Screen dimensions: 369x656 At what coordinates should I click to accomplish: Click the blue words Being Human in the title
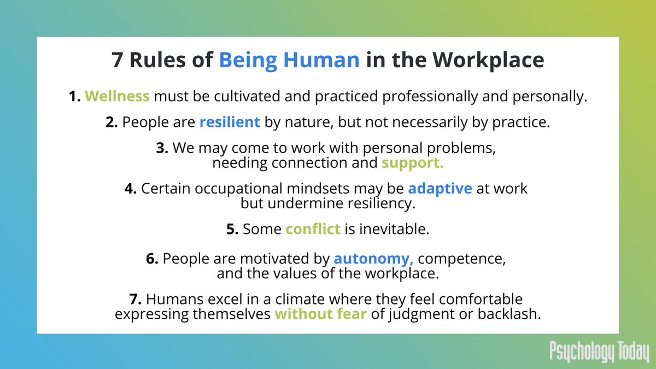click(289, 60)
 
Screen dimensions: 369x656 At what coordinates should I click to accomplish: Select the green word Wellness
click(117, 97)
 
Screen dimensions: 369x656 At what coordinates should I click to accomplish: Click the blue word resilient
click(230, 122)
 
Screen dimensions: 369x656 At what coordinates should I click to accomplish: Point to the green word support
click(413, 162)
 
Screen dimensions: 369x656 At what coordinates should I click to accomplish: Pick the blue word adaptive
click(440, 189)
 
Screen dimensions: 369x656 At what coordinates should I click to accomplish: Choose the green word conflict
click(313, 229)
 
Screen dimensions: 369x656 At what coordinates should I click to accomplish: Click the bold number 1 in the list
click(74, 97)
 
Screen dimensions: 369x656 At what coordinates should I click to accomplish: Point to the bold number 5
click(232, 229)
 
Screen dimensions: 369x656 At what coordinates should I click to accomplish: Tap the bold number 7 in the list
click(134, 300)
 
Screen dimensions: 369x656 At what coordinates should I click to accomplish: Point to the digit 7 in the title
click(117, 60)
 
